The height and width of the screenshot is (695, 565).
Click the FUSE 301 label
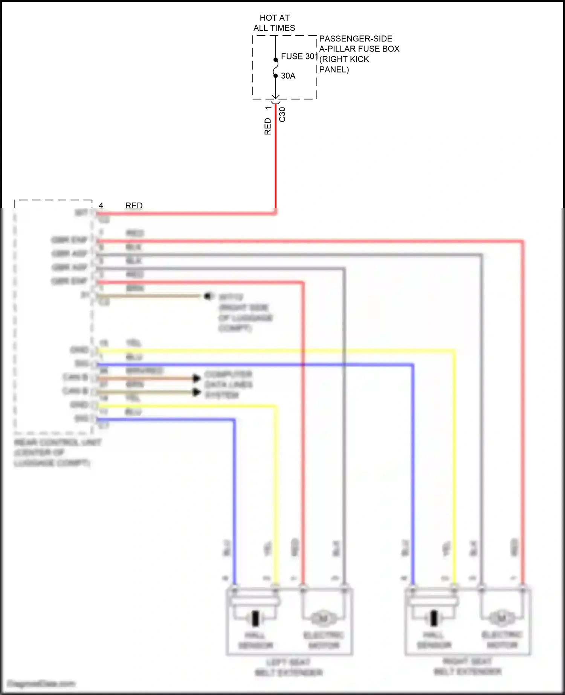(299, 56)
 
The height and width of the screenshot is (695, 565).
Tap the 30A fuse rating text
(288, 76)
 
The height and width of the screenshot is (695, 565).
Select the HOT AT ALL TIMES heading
(274, 23)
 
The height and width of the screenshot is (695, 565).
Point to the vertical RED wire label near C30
(267, 127)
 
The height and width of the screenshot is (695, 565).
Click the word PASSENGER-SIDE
(356, 39)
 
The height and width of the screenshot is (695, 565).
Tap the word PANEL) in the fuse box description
(334, 70)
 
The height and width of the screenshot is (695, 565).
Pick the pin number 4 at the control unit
(101, 206)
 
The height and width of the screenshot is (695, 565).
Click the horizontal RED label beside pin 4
(134, 206)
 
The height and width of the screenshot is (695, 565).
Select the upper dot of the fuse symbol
(275, 59)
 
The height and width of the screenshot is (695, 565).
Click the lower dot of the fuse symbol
(275, 76)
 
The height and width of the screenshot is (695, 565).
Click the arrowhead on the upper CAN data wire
(196, 378)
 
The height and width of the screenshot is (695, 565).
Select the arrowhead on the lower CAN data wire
(196, 392)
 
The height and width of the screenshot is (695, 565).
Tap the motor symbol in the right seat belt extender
(502, 618)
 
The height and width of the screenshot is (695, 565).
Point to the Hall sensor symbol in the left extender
(256, 618)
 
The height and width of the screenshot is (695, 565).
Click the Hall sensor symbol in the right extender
(434, 618)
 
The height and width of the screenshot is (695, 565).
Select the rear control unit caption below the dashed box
(57, 452)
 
